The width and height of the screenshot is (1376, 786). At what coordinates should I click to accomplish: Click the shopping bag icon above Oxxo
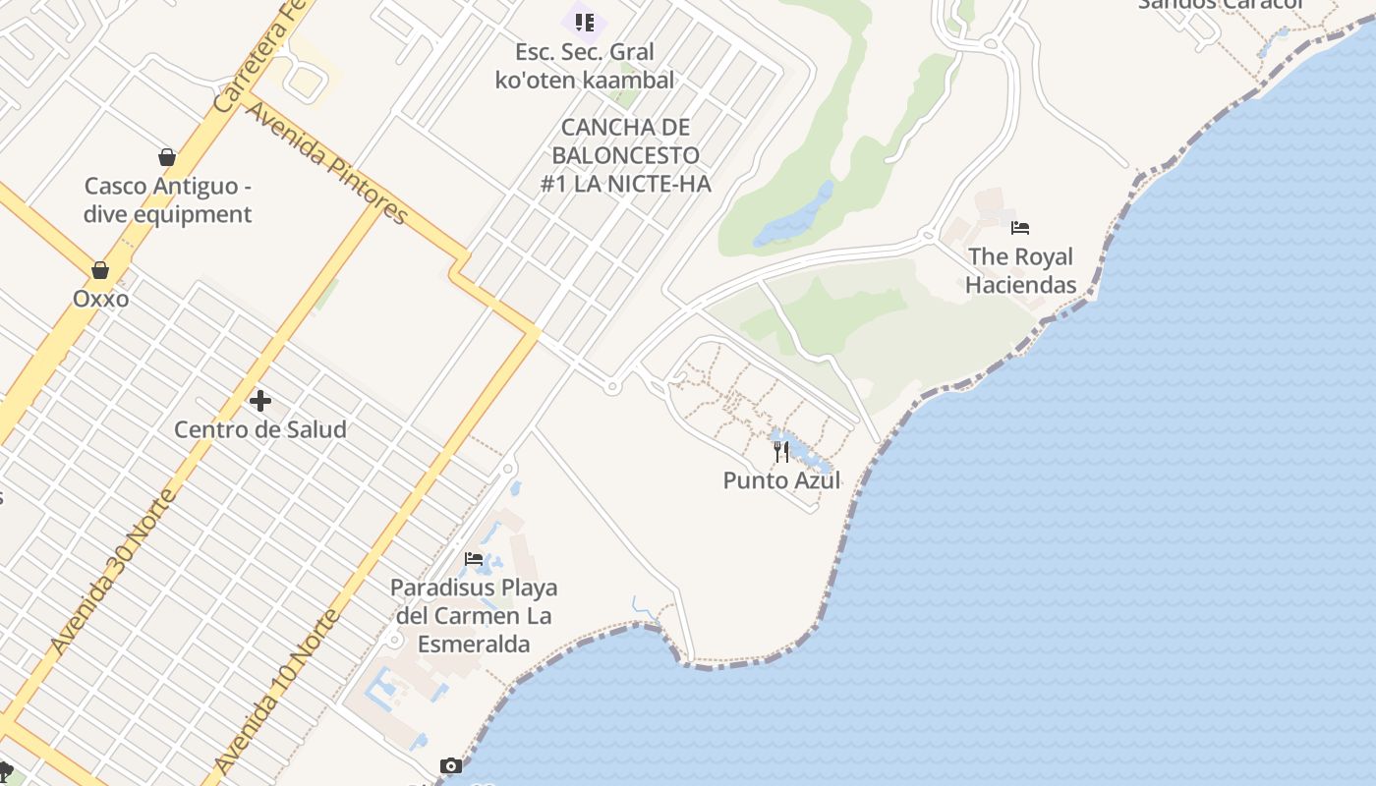pyautogui.click(x=100, y=270)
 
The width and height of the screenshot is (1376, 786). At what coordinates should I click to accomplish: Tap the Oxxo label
pyautogui.click(x=100, y=298)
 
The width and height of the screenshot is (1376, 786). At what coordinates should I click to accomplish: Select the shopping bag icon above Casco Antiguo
pyautogui.click(x=167, y=157)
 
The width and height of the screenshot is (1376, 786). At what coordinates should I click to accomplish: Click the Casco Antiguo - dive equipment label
pyautogui.click(x=167, y=200)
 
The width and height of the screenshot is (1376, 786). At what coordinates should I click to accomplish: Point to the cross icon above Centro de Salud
pyautogui.click(x=260, y=401)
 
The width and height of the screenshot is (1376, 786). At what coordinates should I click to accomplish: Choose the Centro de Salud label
pyautogui.click(x=260, y=429)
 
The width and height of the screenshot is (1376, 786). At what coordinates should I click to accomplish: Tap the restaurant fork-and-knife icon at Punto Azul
pyautogui.click(x=781, y=452)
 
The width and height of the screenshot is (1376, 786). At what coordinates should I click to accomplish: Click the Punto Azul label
pyautogui.click(x=781, y=480)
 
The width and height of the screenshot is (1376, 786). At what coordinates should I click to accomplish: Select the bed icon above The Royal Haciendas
pyautogui.click(x=1020, y=228)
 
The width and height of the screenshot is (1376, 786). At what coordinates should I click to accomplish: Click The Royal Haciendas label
pyautogui.click(x=1020, y=270)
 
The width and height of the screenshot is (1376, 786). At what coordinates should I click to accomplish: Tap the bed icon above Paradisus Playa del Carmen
pyautogui.click(x=474, y=559)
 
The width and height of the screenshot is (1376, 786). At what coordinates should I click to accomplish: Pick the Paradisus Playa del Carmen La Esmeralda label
pyautogui.click(x=474, y=616)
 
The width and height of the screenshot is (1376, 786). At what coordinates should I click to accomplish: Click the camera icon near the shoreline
pyautogui.click(x=451, y=765)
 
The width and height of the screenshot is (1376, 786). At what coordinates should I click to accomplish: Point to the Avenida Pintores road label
pyautogui.click(x=325, y=161)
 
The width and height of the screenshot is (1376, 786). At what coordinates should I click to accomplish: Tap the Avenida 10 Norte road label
pyautogui.click(x=277, y=690)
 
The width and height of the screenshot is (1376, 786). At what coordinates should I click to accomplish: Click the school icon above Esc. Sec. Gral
pyautogui.click(x=585, y=22)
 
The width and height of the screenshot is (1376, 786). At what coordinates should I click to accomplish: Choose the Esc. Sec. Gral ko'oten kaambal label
pyautogui.click(x=585, y=66)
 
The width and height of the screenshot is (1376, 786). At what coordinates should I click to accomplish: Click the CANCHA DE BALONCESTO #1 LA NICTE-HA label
pyautogui.click(x=626, y=155)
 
